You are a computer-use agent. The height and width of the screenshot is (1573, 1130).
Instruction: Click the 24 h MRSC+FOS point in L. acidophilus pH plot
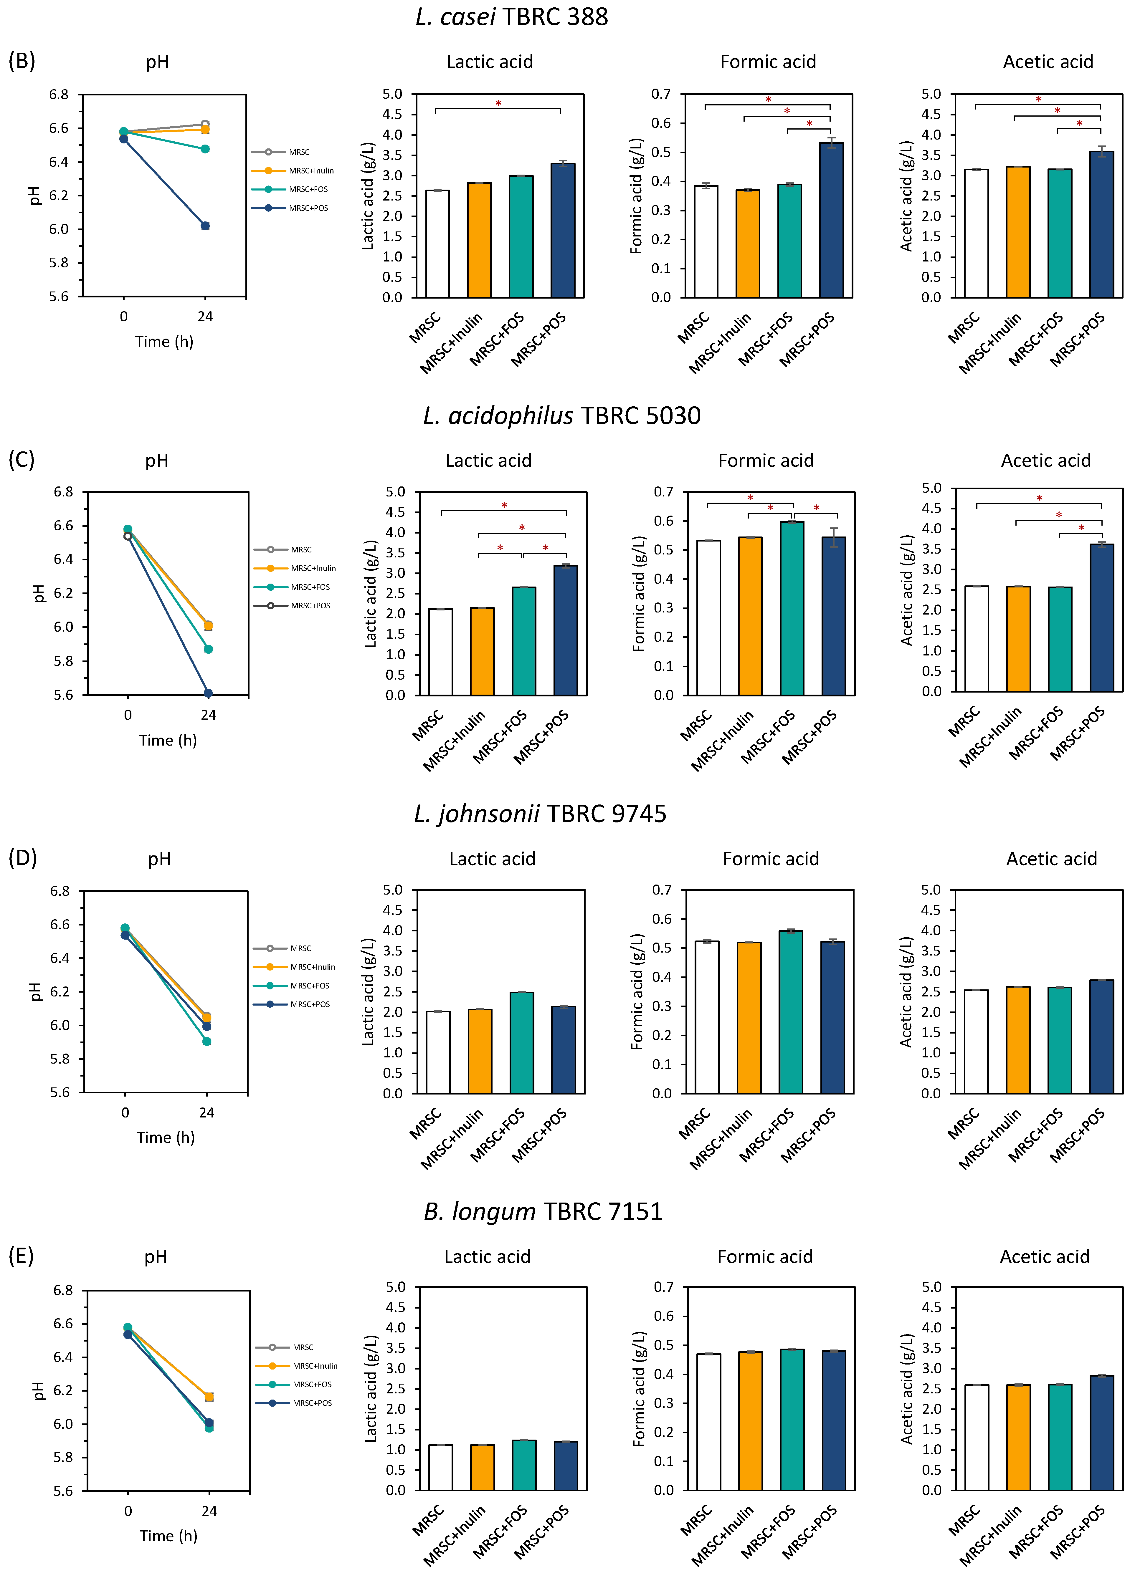(x=208, y=649)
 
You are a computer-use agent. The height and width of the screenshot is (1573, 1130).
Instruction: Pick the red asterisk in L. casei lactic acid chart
(x=498, y=103)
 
